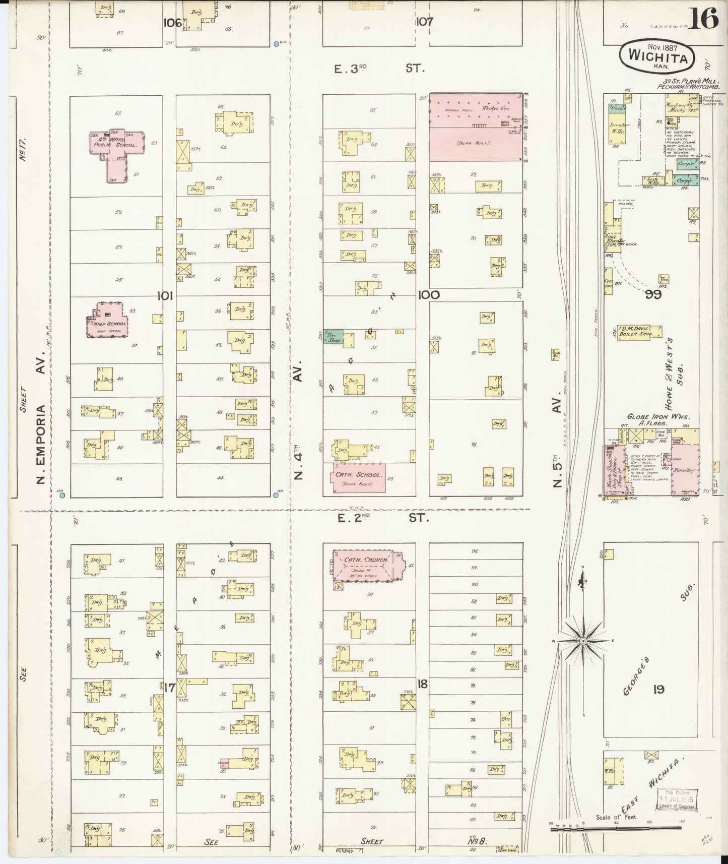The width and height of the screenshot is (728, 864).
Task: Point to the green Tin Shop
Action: pyautogui.click(x=334, y=337)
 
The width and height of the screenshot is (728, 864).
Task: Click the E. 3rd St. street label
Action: pyautogui.click(x=380, y=68)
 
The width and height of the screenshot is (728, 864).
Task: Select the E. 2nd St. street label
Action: pyautogui.click(x=381, y=517)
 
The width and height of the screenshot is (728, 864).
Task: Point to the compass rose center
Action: pyautogui.click(x=582, y=641)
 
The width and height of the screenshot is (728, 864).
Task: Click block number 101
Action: pyautogui.click(x=165, y=296)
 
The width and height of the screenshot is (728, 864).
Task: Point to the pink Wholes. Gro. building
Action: pyautogui.click(x=476, y=128)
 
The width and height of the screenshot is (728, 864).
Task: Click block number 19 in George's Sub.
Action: pyautogui.click(x=659, y=689)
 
